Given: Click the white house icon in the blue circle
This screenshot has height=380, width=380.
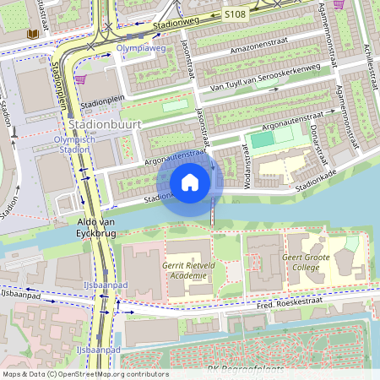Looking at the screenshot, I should tap(190, 182).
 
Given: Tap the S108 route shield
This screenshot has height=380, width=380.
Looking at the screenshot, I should tap(236, 15).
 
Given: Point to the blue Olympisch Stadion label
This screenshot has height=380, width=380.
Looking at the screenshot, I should tap(70, 144).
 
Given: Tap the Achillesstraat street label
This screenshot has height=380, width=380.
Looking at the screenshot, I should tap(368, 68).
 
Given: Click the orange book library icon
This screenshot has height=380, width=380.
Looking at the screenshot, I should tap(33, 34).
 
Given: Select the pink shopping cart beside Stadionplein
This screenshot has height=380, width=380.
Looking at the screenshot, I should tap(80, 80).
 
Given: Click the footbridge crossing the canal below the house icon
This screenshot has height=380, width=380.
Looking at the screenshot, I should tap(212, 216).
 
